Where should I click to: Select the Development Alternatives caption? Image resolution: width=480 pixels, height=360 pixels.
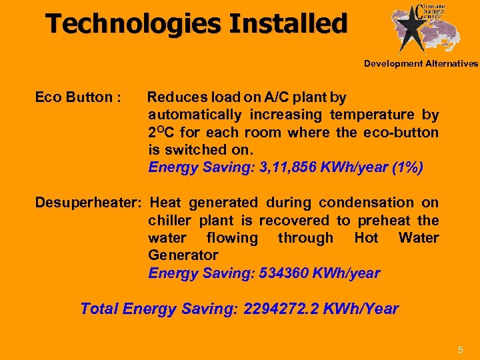click(421, 64)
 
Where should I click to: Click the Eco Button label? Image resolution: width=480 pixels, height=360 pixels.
click(77, 98)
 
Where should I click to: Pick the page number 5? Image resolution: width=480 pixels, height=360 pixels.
click(461, 350)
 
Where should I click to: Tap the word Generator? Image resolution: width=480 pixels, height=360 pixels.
click(183, 255)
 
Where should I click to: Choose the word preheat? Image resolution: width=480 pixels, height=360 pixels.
click(383, 221)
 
